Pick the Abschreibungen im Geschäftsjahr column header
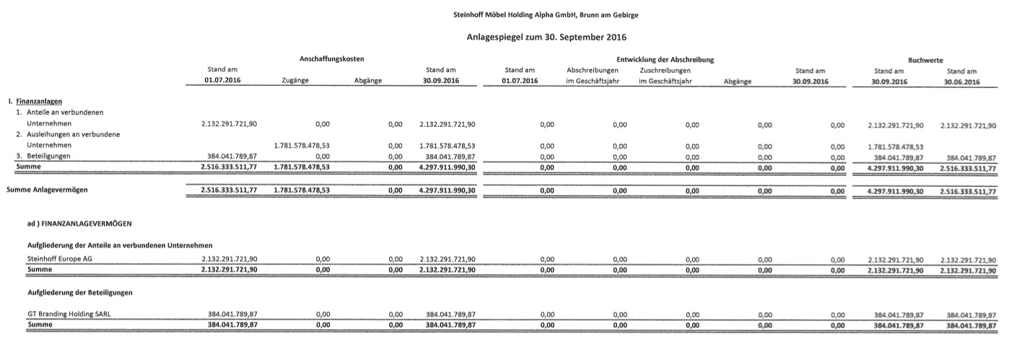(593, 76)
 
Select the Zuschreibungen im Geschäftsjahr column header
(665, 76)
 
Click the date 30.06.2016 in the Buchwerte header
(961, 82)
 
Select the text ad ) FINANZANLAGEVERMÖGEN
(79, 224)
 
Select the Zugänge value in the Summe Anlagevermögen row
(302, 190)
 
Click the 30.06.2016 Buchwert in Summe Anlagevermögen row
(961, 191)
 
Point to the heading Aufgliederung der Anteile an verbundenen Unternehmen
(119, 245)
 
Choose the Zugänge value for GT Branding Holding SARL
(323, 315)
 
